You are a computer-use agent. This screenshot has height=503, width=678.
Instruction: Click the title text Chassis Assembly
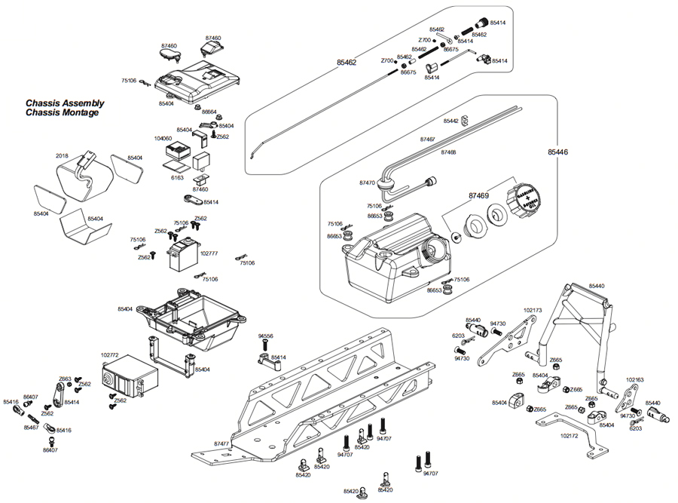tap(65, 103)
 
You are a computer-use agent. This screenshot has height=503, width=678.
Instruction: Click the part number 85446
tap(557, 152)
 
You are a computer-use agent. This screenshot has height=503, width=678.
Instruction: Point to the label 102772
tap(111, 353)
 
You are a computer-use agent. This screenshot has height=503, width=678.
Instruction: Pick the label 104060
tap(163, 139)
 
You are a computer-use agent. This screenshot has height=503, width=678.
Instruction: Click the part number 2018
tap(63, 156)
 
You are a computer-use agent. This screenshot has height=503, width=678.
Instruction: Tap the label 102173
tap(533, 309)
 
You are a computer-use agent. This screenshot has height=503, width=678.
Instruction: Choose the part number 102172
tap(571, 435)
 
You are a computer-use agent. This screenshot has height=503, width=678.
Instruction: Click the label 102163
tap(635, 380)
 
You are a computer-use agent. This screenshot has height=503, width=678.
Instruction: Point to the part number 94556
tap(265, 336)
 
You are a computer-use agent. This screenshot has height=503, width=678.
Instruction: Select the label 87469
tap(478, 195)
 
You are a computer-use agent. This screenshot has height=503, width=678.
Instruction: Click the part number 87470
tap(368, 182)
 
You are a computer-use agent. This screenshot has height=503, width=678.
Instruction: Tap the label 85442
tap(451, 121)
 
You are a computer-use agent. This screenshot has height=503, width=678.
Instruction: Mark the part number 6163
tap(177, 178)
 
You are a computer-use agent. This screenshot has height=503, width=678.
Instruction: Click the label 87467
tap(427, 140)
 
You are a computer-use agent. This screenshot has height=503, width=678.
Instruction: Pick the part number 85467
tap(31, 428)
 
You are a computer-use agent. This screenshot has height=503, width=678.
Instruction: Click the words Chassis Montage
tap(62, 113)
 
